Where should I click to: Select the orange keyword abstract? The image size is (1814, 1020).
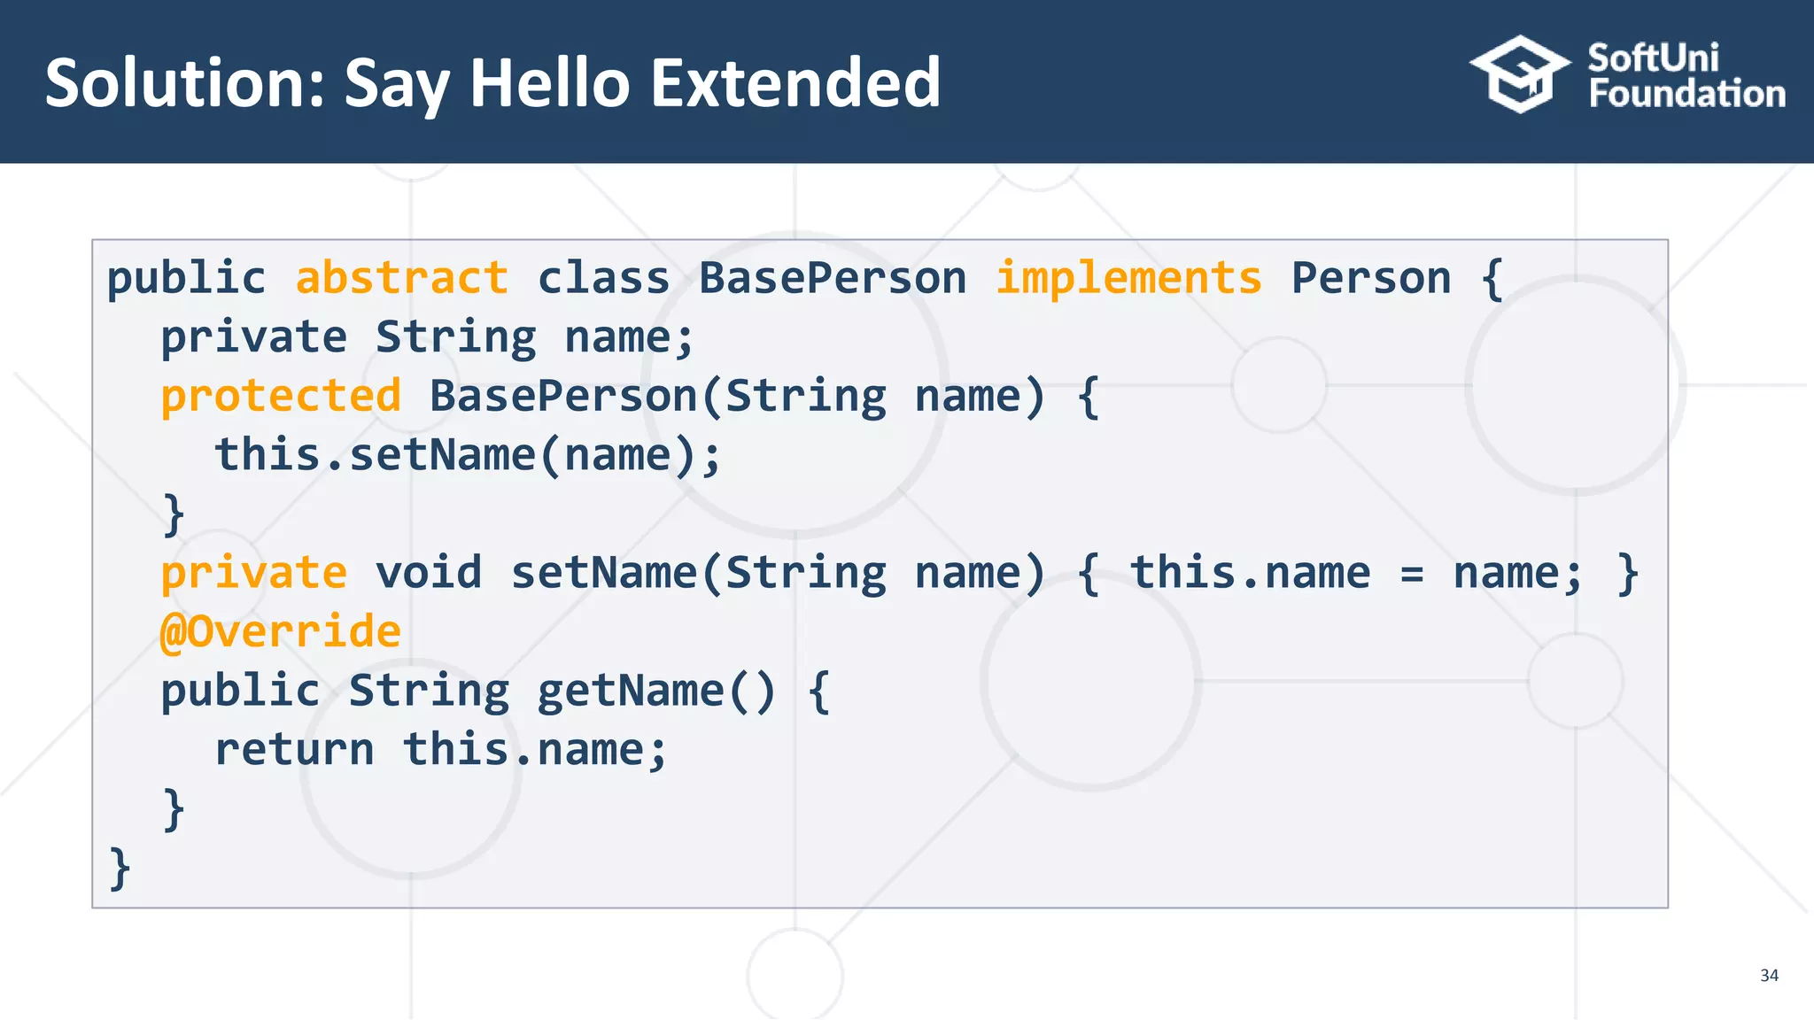[401, 278]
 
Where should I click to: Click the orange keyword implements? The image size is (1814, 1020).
[1128, 278]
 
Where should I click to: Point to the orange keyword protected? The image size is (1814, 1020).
[281, 396]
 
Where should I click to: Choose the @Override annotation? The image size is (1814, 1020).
[281, 631]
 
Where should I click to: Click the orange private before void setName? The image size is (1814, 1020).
[253, 573]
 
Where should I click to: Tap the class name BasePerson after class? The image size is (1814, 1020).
[832, 278]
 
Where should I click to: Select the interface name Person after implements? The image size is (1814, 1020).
[1371, 278]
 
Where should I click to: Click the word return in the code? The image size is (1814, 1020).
[294, 750]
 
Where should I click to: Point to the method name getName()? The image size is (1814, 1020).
[656, 691]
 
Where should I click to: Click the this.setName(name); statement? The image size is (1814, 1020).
[469, 455]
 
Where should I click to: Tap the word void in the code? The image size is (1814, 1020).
[429, 573]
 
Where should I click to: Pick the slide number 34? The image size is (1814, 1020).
[1769, 975]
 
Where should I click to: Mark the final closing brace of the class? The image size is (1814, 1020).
[120, 868]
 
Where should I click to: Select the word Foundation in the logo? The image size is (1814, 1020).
[1686, 94]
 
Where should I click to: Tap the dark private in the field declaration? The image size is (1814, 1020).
[253, 337]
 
